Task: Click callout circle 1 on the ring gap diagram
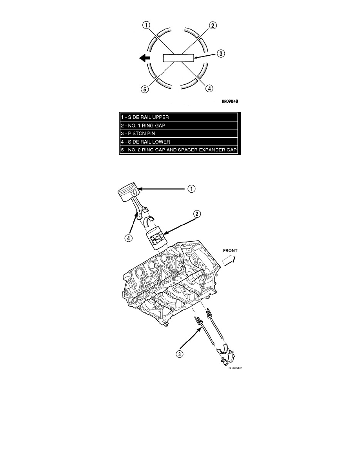[146, 25]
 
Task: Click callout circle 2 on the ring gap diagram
[213, 25]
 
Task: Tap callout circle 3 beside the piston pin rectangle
[221, 54]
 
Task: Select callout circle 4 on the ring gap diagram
[209, 88]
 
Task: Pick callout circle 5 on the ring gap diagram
[145, 89]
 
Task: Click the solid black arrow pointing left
[145, 58]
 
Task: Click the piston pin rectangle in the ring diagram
[178, 58]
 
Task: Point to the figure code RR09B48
[229, 101]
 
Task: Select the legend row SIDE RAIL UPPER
[180, 117]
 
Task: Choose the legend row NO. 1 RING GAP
[180, 126]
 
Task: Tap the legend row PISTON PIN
[180, 133]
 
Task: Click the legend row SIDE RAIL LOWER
[180, 142]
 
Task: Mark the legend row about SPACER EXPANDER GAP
[180, 150]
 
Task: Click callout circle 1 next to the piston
[192, 189]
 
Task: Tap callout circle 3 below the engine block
[179, 354]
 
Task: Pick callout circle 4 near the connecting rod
[128, 238]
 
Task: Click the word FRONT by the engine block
[230, 251]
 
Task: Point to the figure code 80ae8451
[236, 368]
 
